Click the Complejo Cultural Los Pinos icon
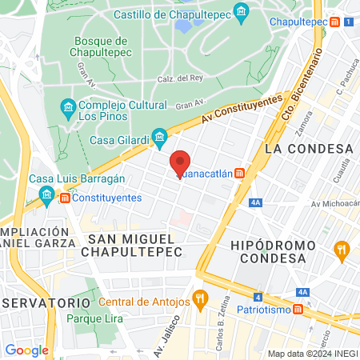point(68,106)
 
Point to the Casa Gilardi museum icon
point(160,135)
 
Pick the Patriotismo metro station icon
point(298,310)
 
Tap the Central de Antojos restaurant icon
point(200,302)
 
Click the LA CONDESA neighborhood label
point(308,150)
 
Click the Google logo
point(26,350)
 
